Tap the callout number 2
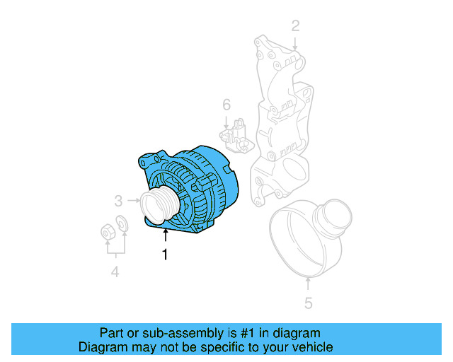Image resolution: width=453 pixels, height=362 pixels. coord(296,26)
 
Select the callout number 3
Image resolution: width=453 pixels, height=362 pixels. coord(119,200)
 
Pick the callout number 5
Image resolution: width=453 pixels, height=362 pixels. coord(308,305)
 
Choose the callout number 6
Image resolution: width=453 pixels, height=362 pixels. coord(226,105)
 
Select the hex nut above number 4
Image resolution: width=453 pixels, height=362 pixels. coord(105,230)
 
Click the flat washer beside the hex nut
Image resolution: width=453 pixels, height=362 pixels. coord(122,226)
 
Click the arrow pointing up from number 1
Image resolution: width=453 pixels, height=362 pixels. coord(166,236)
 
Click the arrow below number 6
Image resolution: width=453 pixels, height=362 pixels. coord(226,119)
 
